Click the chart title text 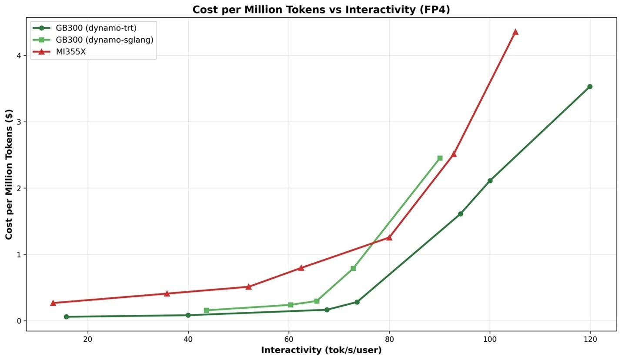pos(321,10)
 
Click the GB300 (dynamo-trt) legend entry pos(96,28)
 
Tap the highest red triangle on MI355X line pos(515,32)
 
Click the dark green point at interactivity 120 pos(590,87)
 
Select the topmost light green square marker pos(440,158)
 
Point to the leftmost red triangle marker pos(53,303)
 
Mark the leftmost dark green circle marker pos(66,317)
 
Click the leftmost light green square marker pos(207,310)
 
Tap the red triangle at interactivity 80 pos(389,237)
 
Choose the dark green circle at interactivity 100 pos(490,181)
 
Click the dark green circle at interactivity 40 pos(188,315)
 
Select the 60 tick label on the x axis pos(289,339)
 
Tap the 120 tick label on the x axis pos(590,339)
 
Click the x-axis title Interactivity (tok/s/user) pos(321,350)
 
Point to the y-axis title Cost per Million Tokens pos(9,174)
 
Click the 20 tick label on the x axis pos(87,339)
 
